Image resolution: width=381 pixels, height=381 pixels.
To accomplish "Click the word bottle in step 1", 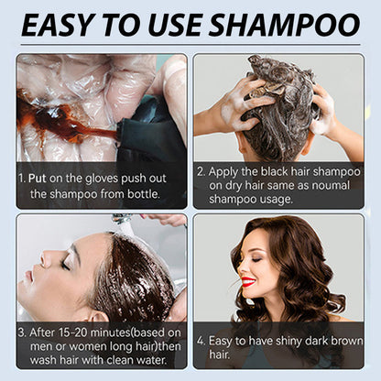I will pyautogui.click(x=142, y=193).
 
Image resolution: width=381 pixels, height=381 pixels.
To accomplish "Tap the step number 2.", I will pyautogui.click(x=201, y=170).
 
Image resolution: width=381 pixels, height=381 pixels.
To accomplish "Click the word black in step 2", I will pyautogui.click(x=284, y=170).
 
